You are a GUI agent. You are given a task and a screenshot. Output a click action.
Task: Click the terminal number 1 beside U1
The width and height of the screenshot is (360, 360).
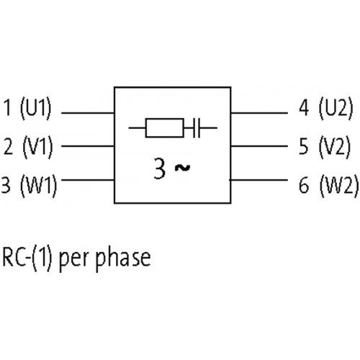pos(8,107)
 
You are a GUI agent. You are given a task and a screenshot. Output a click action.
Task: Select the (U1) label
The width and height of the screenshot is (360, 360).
pos(36,108)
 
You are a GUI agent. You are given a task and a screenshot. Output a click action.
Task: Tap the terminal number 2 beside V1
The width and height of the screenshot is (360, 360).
pos(9,147)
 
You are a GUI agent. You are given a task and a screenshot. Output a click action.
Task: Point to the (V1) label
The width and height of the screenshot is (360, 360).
pos(37,147)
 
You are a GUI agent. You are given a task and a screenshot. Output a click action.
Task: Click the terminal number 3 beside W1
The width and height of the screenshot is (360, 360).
pos(6,185)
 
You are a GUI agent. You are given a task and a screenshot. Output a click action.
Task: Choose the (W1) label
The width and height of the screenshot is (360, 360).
pos(39,186)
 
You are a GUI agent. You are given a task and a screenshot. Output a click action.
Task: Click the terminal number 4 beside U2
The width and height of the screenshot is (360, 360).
pos(304,108)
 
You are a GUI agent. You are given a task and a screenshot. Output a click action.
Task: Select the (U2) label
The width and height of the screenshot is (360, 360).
pos(336,108)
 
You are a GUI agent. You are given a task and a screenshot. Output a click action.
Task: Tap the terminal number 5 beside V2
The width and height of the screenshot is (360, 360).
pos(304,147)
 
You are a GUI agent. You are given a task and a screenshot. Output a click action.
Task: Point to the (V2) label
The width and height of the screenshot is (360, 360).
pos(335,147)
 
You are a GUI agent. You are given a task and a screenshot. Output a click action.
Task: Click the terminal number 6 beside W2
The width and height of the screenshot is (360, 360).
pos(304,185)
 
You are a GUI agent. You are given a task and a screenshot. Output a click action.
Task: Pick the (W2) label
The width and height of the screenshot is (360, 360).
pos(339,186)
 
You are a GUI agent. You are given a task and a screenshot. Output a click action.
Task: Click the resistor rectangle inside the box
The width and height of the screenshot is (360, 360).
pos(165,128)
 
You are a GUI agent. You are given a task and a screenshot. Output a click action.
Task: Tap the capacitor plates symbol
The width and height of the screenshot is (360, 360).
pos(197,128)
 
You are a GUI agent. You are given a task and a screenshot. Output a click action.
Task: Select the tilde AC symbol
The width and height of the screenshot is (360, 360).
pos(182,168)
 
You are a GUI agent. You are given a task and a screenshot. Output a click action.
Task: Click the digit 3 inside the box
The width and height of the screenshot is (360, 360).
pos(159,168)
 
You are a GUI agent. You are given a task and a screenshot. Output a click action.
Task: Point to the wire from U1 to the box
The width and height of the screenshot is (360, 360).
pos(88,112)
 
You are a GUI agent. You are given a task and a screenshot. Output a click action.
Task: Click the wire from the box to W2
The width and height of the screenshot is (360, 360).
pos(258,180)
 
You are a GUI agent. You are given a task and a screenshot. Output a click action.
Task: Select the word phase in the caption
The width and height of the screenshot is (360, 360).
pos(123,258)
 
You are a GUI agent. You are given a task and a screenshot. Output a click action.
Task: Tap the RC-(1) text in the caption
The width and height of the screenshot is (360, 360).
pos(27,258)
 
